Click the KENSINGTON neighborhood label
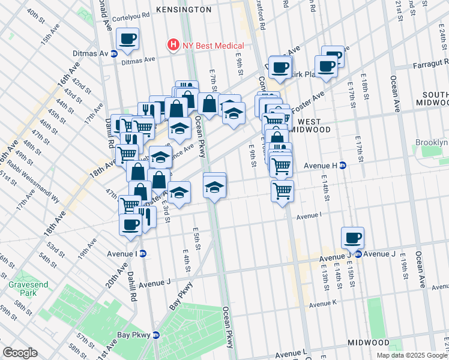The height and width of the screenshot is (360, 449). click(x=184, y=10)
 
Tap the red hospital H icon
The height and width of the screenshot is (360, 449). click(x=173, y=45)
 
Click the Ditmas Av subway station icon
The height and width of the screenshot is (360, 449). click(x=114, y=53)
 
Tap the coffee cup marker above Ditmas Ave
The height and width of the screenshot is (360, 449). click(x=127, y=40)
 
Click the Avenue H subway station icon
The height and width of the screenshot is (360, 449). click(x=343, y=165)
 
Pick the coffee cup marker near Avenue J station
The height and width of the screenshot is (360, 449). click(x=353, y=238)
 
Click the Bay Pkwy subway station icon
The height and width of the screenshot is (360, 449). click(x=157, y=335)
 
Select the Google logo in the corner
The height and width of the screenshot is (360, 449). click(x=20, y=353)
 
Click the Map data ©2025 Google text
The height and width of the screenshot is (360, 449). click(x=411, y=355)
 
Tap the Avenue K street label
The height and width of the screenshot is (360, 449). click(x=325, y=304)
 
